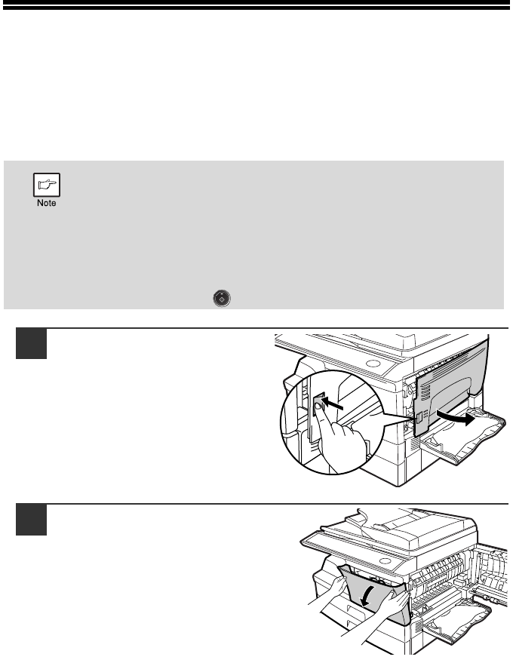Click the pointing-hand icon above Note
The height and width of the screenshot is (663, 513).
pos(47,185)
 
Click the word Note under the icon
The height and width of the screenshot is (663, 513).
pos(47,203)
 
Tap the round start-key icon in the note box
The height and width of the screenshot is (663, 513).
pos(222,299)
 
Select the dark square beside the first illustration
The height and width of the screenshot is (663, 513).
pos(31,343)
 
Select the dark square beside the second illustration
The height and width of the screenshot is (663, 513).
pos(31,520)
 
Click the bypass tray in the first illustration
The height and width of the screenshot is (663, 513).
pos(463,437)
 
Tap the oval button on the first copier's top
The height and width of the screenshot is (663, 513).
pos(372,364)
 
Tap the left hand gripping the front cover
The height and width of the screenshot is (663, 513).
pos(327,592)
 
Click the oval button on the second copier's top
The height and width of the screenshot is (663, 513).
pos(385,561)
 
